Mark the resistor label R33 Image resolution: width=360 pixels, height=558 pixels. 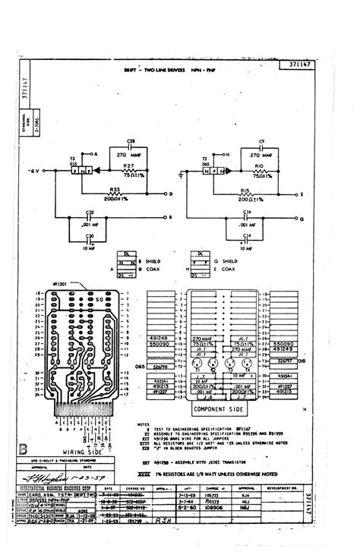coord(115,188)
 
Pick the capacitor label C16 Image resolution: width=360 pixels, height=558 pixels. coord(248,212)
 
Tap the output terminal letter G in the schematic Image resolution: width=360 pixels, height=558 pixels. coord(302,219)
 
